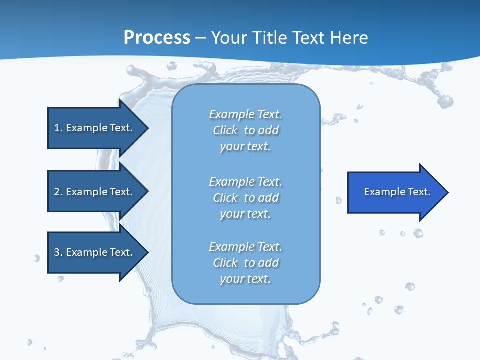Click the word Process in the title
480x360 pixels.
(x=157, y=38)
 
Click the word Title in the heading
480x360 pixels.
(x=269, y=38)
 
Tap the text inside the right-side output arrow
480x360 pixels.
(x=397, y=192)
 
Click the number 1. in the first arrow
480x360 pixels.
(x=58, y=128)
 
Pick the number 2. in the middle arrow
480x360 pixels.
(x=58, y=192)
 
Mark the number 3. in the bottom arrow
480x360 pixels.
(x=58, y=252)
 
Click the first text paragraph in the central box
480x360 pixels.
(x=245, y=130)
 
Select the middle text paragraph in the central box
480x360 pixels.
(x=245, y=198)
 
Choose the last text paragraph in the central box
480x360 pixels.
(x=245, y=263)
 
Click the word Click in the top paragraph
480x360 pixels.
(x=225, y=130)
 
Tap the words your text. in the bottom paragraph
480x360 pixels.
(x=245, y=279)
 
